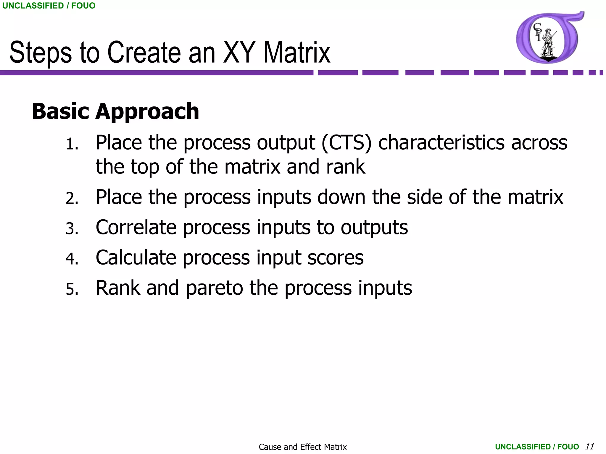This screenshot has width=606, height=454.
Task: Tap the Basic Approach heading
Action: click(115, 111)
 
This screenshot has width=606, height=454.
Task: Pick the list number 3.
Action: click(72, 229)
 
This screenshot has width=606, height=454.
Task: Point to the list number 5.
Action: click(72, 289)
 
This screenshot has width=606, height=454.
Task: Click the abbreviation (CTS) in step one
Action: click(346, 143)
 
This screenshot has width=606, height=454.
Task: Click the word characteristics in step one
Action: click(441, 143)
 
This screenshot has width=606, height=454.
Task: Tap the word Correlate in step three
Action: click(136, 228)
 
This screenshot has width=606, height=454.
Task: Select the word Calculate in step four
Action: click(136, 258)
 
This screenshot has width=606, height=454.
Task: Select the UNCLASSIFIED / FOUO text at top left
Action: click(49, 6)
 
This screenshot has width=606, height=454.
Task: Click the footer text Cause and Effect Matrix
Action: click(302, 447)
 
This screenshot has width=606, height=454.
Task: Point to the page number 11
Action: click(589, 446)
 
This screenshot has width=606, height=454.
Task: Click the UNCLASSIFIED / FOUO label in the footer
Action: click(537, 447)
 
